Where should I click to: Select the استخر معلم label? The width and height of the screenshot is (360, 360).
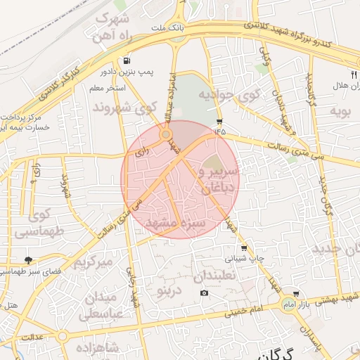(108, 89)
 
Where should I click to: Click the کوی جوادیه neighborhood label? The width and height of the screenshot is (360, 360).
(229, 94)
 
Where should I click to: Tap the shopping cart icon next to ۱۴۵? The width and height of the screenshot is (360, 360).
(220, 121)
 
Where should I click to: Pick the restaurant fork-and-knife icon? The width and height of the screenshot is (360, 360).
(353, 73)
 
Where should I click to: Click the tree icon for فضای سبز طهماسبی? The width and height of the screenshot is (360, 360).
(28, 261)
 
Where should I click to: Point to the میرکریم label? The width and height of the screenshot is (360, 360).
(93, 264)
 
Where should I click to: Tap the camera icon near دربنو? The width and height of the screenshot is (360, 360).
(204, 292)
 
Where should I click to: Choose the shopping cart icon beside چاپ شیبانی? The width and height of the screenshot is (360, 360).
(244, 248)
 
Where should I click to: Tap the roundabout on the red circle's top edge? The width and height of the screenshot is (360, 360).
(167, 134)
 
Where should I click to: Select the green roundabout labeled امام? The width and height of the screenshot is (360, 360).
(287, 304)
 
